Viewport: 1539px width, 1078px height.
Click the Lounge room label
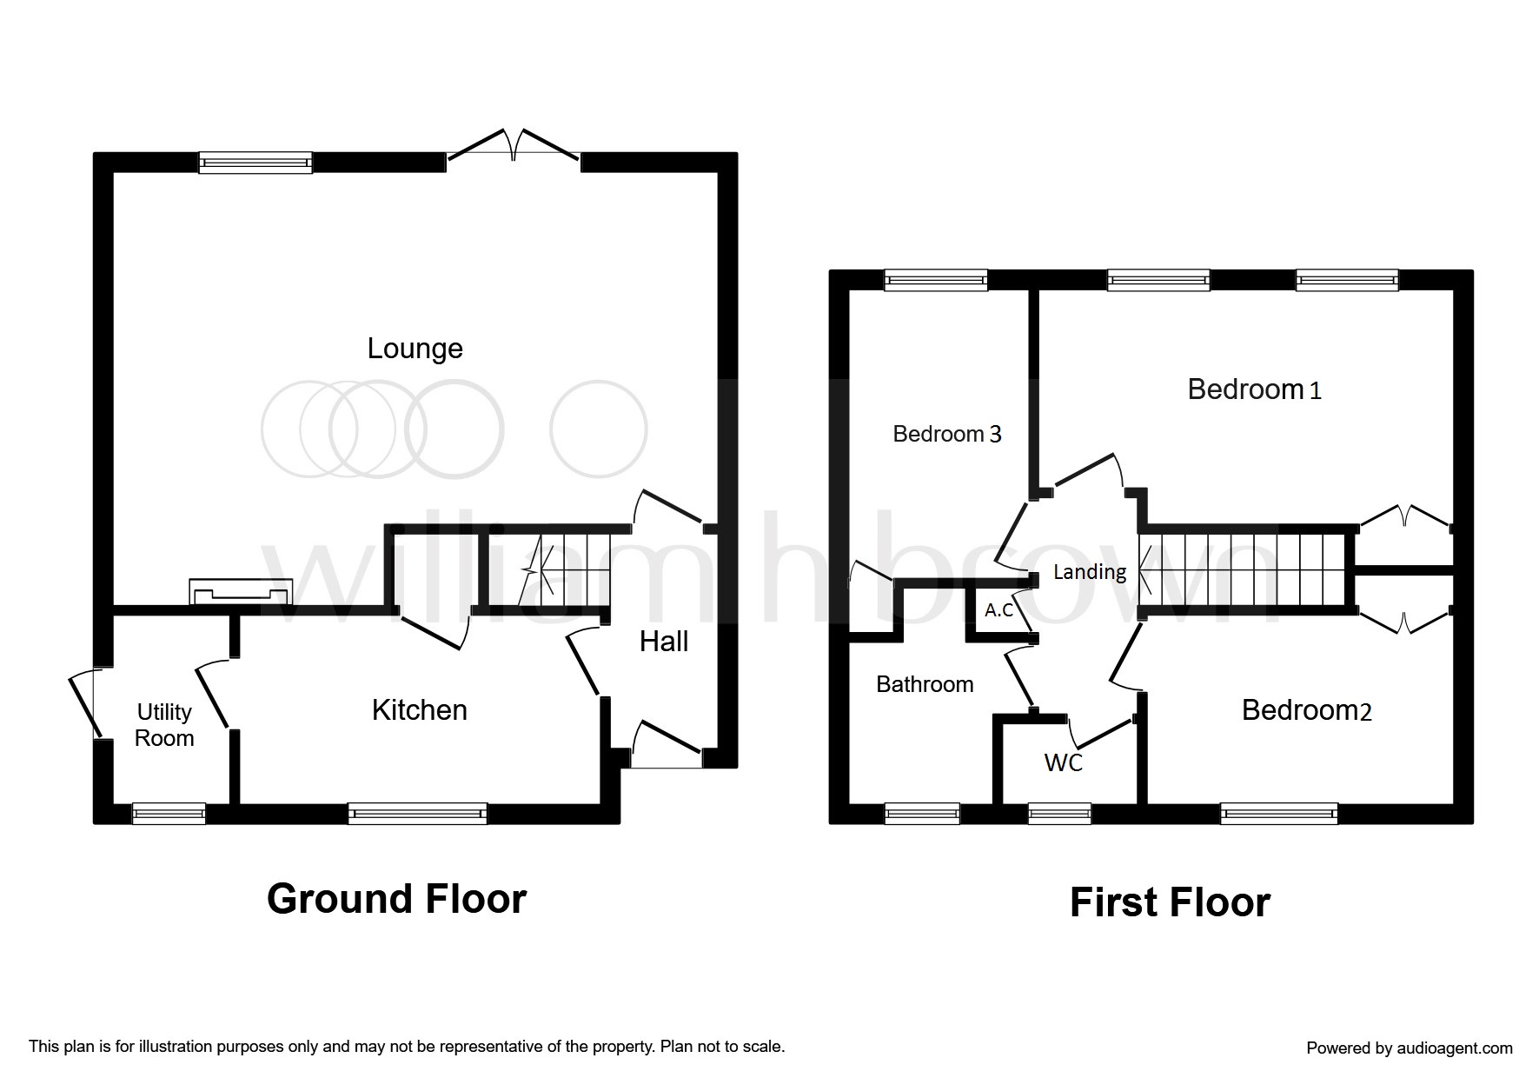pyautogui.click(x=415, y=349)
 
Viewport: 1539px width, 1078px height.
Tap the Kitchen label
pyautogui.click(x=420, y=710)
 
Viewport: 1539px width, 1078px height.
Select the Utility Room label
pyautogui.click(x=164, y=725)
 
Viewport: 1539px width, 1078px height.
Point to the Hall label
pyautogui.click(x=664, y=642)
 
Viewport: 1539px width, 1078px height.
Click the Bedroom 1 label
pyautogui.click(x=1254, y=389)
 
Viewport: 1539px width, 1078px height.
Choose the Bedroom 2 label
pyautogui.click(x=1306, y=710)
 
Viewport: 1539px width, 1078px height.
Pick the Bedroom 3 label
pyautogui.click(x=947, y=433)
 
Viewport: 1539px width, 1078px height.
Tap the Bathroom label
pyautogui.click(x=925, y=684)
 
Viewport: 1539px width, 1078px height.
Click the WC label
pyautogui.click(x=1064, y=762)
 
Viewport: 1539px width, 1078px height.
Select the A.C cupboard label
pyautogui.click(x=999, y=610)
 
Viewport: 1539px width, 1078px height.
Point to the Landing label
pyautogui.click(x=1090, y=571)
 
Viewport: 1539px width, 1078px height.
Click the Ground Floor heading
pyautogui.click(x=396, y=899)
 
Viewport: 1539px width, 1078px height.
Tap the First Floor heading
pyautogui.click(x=1170, y=902)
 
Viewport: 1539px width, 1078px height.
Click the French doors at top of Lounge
pyautogui.click(x=514, y=146)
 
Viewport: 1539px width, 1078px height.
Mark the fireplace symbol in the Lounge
pyautogui.click(x=241, y=592)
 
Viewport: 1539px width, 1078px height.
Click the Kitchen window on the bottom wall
pyautogui.click(x=418, y=814)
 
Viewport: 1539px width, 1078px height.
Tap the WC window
pyautogui.click(x=1059, y=814)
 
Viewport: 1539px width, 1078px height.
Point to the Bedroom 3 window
pyautogui.click(x=937, y=279)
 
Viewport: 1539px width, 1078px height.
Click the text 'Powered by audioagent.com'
pyautogui.click(x=1410, y=1048)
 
